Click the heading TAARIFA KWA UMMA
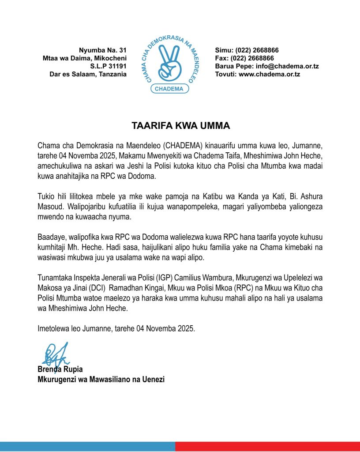181,126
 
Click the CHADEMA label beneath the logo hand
170,89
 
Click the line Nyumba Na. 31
103,50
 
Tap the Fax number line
244,58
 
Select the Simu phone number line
247,50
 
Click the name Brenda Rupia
60,369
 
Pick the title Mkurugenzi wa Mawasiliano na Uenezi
101,379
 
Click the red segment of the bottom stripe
267,446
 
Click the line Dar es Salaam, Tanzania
88,74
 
